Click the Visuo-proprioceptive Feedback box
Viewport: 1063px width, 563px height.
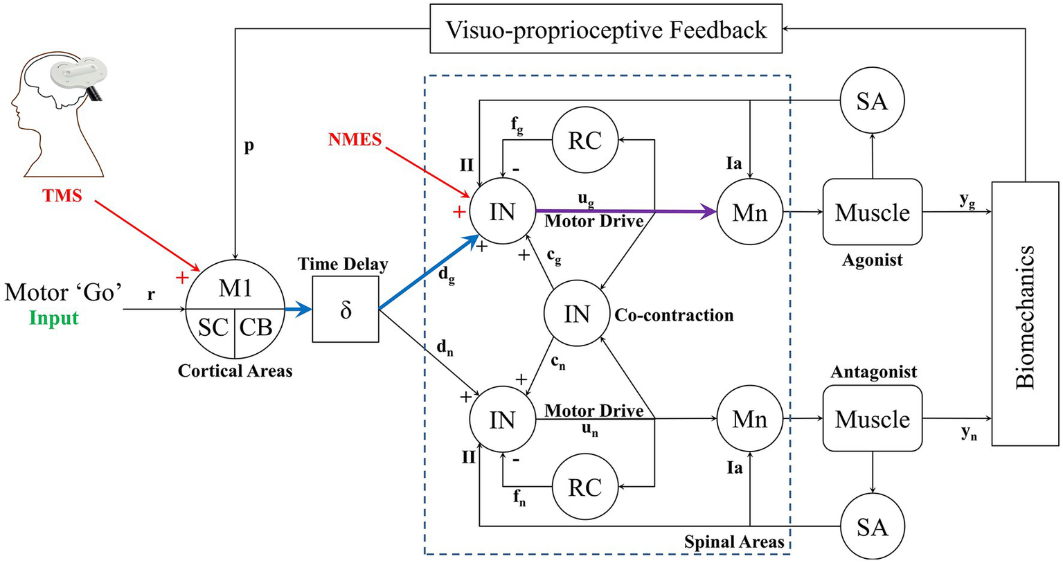(x=606, y=29)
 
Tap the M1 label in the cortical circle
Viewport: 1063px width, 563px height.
(x=235, y=287)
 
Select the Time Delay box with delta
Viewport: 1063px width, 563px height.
(x=346, y=309)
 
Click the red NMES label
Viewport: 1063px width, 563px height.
(x=355, y=139)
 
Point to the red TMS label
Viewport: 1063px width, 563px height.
(x=62, y=196)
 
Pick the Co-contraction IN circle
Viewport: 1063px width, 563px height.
(x=577, y=314)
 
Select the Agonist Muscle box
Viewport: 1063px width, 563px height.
(x=872, y=212)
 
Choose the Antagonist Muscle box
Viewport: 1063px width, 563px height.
(x=872, y=418)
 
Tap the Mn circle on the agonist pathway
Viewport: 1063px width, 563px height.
(x=750, y=212)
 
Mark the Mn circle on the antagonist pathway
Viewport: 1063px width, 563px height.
(x=750, y=419)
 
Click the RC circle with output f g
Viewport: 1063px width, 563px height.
(x=585, y=140)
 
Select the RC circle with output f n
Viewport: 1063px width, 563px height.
(x=585, y=487)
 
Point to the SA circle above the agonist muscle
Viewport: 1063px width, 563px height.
(x=872, y=101)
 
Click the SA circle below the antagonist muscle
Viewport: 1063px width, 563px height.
(x=872, y=527)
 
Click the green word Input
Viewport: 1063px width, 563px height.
(x=54, y=319)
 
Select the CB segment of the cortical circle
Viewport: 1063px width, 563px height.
(x=257, y=327)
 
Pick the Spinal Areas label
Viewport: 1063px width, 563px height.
(x=734, y=542)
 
